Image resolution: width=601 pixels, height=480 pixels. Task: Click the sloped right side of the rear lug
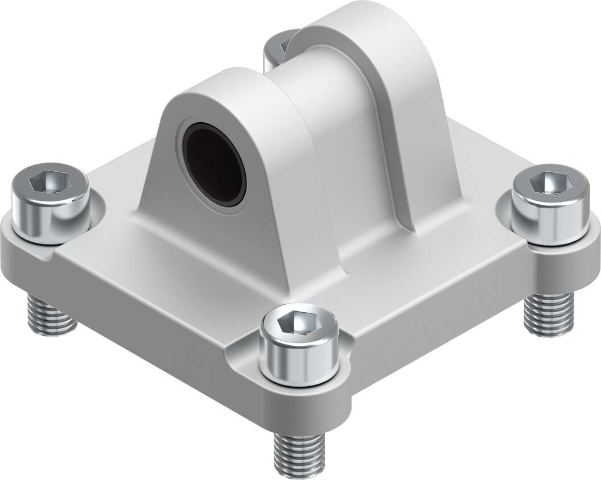433,142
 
